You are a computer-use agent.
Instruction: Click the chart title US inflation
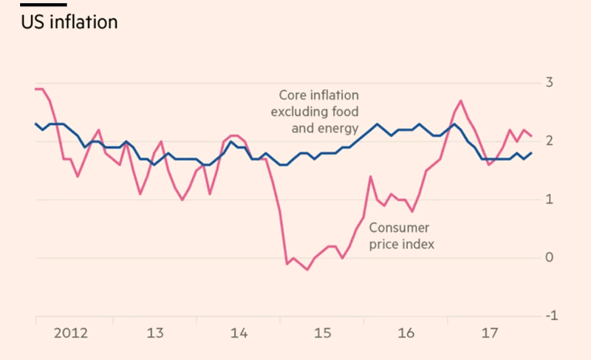tap(69, 22)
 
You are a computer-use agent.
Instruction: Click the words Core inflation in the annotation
tap(318, 95)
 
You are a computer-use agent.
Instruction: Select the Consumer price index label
tap(401, 235)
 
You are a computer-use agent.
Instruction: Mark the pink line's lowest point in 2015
tap(307, 270)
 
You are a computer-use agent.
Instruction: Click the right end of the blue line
tap(532, 152)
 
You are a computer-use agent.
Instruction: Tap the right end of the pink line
tap(532, 135)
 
